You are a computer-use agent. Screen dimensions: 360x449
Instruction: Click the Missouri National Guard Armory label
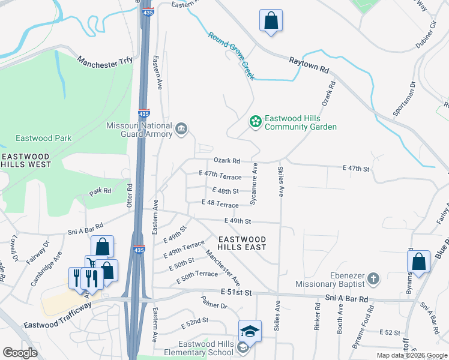(139, 130)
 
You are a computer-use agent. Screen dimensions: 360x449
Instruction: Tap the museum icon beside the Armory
(181, 128)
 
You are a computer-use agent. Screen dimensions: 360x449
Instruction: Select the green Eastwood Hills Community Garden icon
(255, 122)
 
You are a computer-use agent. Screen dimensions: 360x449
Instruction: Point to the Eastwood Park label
(44, 138)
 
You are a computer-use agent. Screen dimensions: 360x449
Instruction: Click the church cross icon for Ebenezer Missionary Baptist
(373, 278)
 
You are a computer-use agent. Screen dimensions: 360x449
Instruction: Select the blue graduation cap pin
(250, 331)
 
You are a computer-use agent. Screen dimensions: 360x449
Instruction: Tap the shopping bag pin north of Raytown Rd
(271, 20)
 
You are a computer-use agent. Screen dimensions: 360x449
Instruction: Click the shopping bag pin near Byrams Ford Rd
(418, 262)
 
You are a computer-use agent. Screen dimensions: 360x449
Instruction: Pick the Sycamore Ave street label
(255, 184)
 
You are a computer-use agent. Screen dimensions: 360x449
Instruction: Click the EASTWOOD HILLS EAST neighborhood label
(242, 243)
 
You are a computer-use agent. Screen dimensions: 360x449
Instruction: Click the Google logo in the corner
(20, 352)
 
